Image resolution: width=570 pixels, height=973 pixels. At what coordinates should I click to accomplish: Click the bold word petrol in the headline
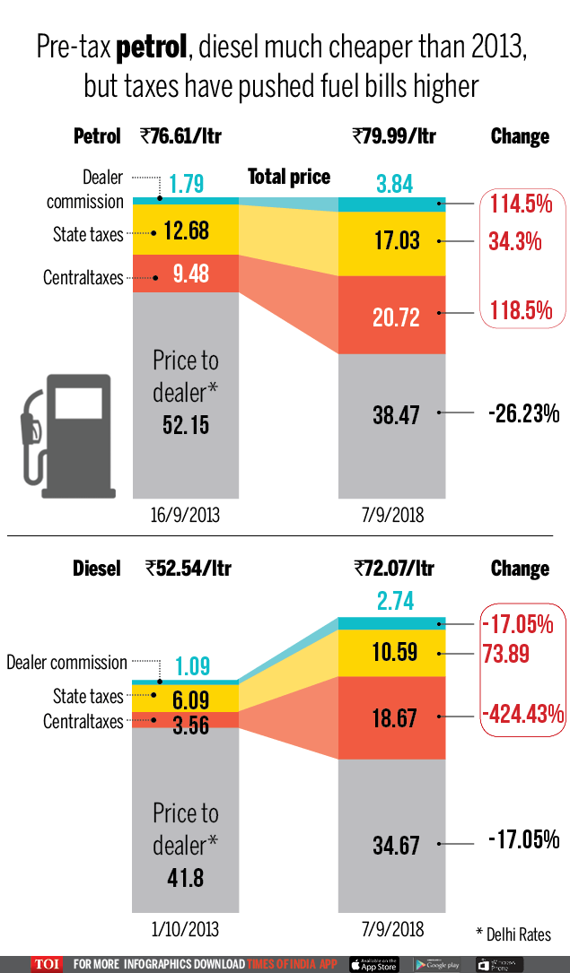click(x=153, y=48)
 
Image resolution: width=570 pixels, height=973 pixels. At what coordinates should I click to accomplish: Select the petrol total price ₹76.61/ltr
click(x=180, y=136)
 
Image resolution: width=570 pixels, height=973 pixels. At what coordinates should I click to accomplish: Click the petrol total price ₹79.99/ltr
click(x=394, y=136)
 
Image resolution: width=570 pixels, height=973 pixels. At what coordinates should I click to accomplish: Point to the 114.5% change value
click(x=521, y=204)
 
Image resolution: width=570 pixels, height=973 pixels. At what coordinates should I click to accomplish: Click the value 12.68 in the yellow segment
click(x=186, y=231)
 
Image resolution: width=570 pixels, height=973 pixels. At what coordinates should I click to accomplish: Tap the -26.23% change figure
click(x=523, y=413)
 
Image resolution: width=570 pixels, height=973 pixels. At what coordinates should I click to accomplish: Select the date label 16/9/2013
click(x=186, y=516)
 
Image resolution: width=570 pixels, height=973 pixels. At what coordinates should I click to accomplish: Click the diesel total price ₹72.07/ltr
click(x=394, y=569)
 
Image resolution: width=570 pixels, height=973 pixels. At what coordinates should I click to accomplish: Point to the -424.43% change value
click(x=522, y=714)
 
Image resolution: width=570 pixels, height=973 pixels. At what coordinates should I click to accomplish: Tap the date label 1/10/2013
click(x=186, y=929)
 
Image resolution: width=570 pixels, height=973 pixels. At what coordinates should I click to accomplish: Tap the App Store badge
click(x=373, y=964)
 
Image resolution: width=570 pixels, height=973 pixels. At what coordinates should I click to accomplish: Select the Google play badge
click(x=437, y=964)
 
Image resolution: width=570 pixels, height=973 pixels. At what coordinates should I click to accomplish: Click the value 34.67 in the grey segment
click(x=395, y=845)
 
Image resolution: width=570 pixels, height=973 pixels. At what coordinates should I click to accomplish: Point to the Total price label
click(x=289, y=177)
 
